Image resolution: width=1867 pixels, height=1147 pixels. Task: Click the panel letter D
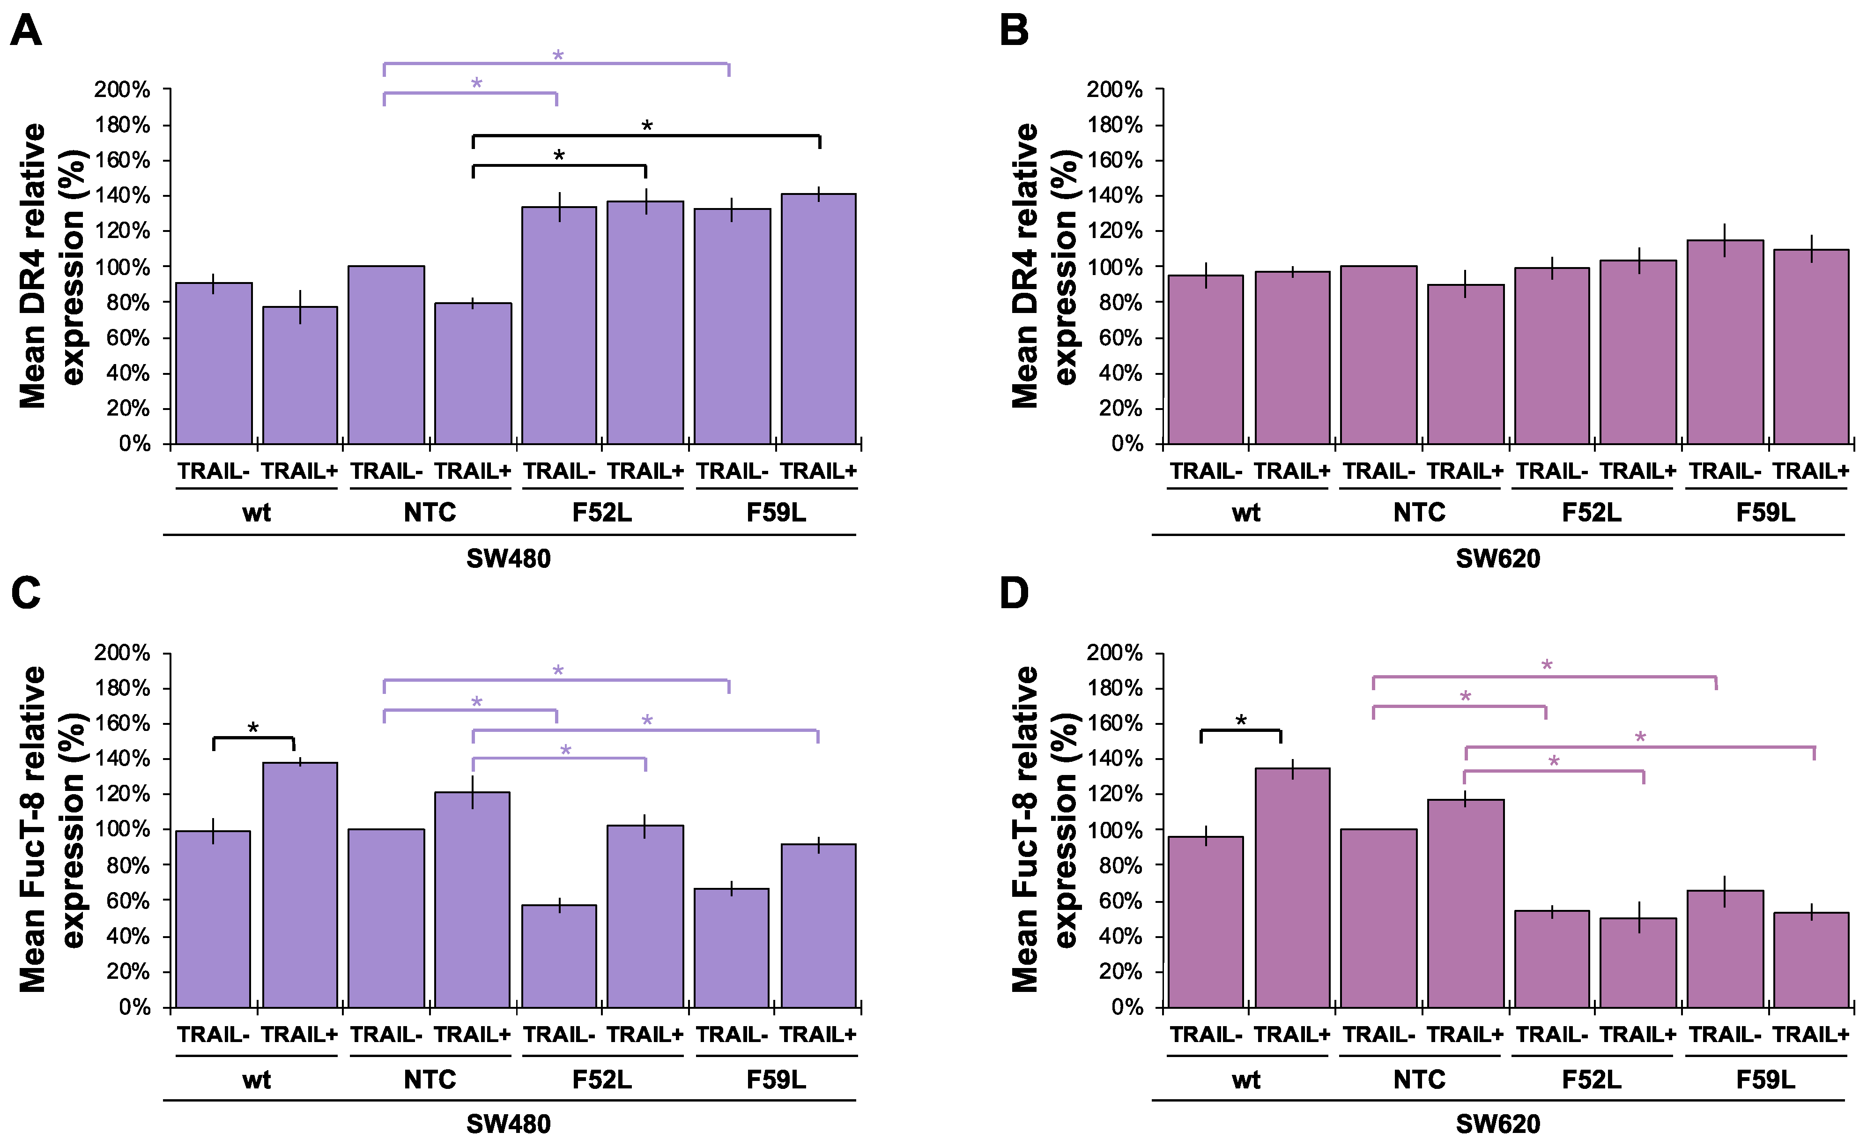(1015, 593)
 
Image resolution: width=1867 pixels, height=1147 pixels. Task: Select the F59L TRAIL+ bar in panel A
(818, 319)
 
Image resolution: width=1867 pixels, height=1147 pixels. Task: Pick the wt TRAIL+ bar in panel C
(300, 885)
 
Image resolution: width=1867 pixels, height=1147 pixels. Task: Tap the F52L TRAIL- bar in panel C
(559, 956)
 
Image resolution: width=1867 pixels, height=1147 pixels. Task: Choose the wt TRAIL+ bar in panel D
(1292, 887)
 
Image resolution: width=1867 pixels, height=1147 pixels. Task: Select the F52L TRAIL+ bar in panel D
(1638, 963)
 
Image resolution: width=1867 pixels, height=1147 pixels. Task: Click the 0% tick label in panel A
(134, 444)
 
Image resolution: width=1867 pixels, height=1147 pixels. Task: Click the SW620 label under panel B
(1498, 559)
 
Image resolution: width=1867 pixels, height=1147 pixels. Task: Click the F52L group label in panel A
(602, 513)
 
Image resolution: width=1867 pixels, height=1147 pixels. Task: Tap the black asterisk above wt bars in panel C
(253, 728)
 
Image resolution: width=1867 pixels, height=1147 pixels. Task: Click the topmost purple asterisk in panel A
(558, 55)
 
